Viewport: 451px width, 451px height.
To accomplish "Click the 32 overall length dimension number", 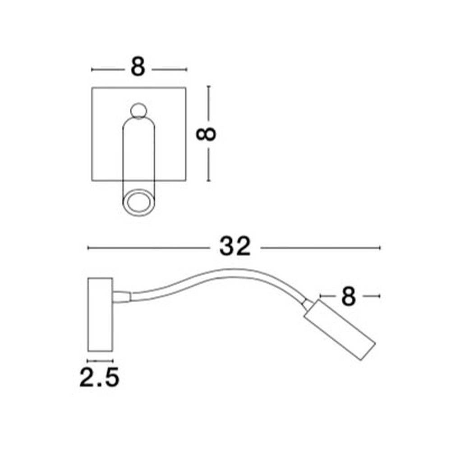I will pos(235,247).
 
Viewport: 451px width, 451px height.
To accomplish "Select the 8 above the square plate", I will pos(138,68).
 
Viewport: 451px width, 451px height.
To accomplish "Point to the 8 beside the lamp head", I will pos(348,296).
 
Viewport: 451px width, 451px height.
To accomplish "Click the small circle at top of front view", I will pos(138,110).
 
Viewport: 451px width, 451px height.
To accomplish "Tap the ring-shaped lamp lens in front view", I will pos(138,202).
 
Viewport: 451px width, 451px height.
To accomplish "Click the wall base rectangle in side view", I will pos(100,314).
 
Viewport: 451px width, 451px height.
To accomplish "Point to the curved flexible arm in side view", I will pos(216,280).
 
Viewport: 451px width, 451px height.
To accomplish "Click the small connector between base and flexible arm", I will pos(122,296).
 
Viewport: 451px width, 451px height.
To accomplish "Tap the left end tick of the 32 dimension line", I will pos(88,248).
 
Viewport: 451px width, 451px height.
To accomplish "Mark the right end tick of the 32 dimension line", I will pos(380,248).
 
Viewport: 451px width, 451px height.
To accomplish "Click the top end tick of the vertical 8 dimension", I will pos(208,87).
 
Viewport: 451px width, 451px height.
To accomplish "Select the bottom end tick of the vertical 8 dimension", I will pos(208,181).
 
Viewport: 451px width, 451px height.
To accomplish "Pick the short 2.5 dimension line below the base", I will pos(100,361).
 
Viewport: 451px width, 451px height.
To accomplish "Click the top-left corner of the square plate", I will pos(92,87).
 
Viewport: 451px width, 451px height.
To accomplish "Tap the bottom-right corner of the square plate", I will pos(185,181).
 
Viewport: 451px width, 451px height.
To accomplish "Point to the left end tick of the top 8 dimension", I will pos(92,69).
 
